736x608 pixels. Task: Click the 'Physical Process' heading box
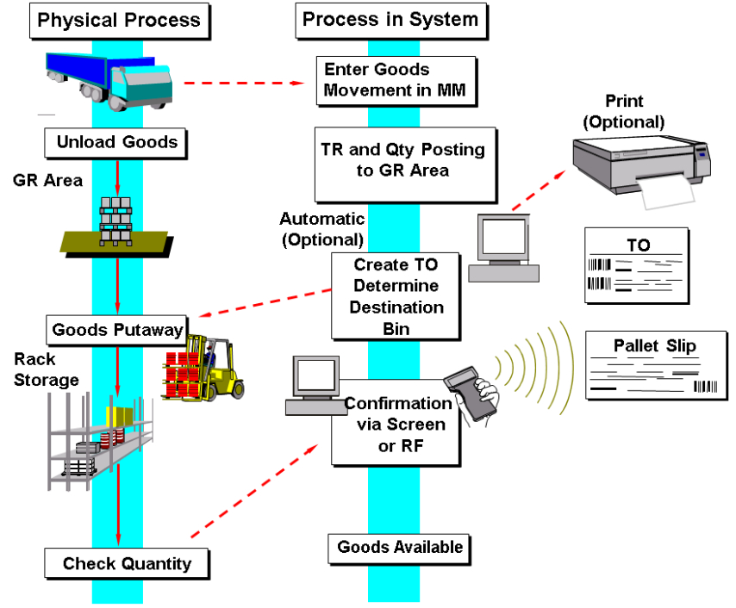tap(119, 21)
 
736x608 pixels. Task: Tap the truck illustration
tap(109, 78)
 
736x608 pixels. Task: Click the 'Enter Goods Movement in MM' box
tap(396, 80)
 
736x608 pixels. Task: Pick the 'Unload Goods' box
tap(116, 142)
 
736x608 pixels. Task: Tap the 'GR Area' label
tap(48, 181)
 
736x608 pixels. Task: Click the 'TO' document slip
tap(637, 264)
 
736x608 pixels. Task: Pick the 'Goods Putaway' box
tap(116, 330)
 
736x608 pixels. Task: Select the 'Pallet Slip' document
tap(654, 365)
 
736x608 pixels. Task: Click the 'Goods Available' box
tap(399, 547)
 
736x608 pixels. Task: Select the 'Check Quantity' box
tap(127, 565)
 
